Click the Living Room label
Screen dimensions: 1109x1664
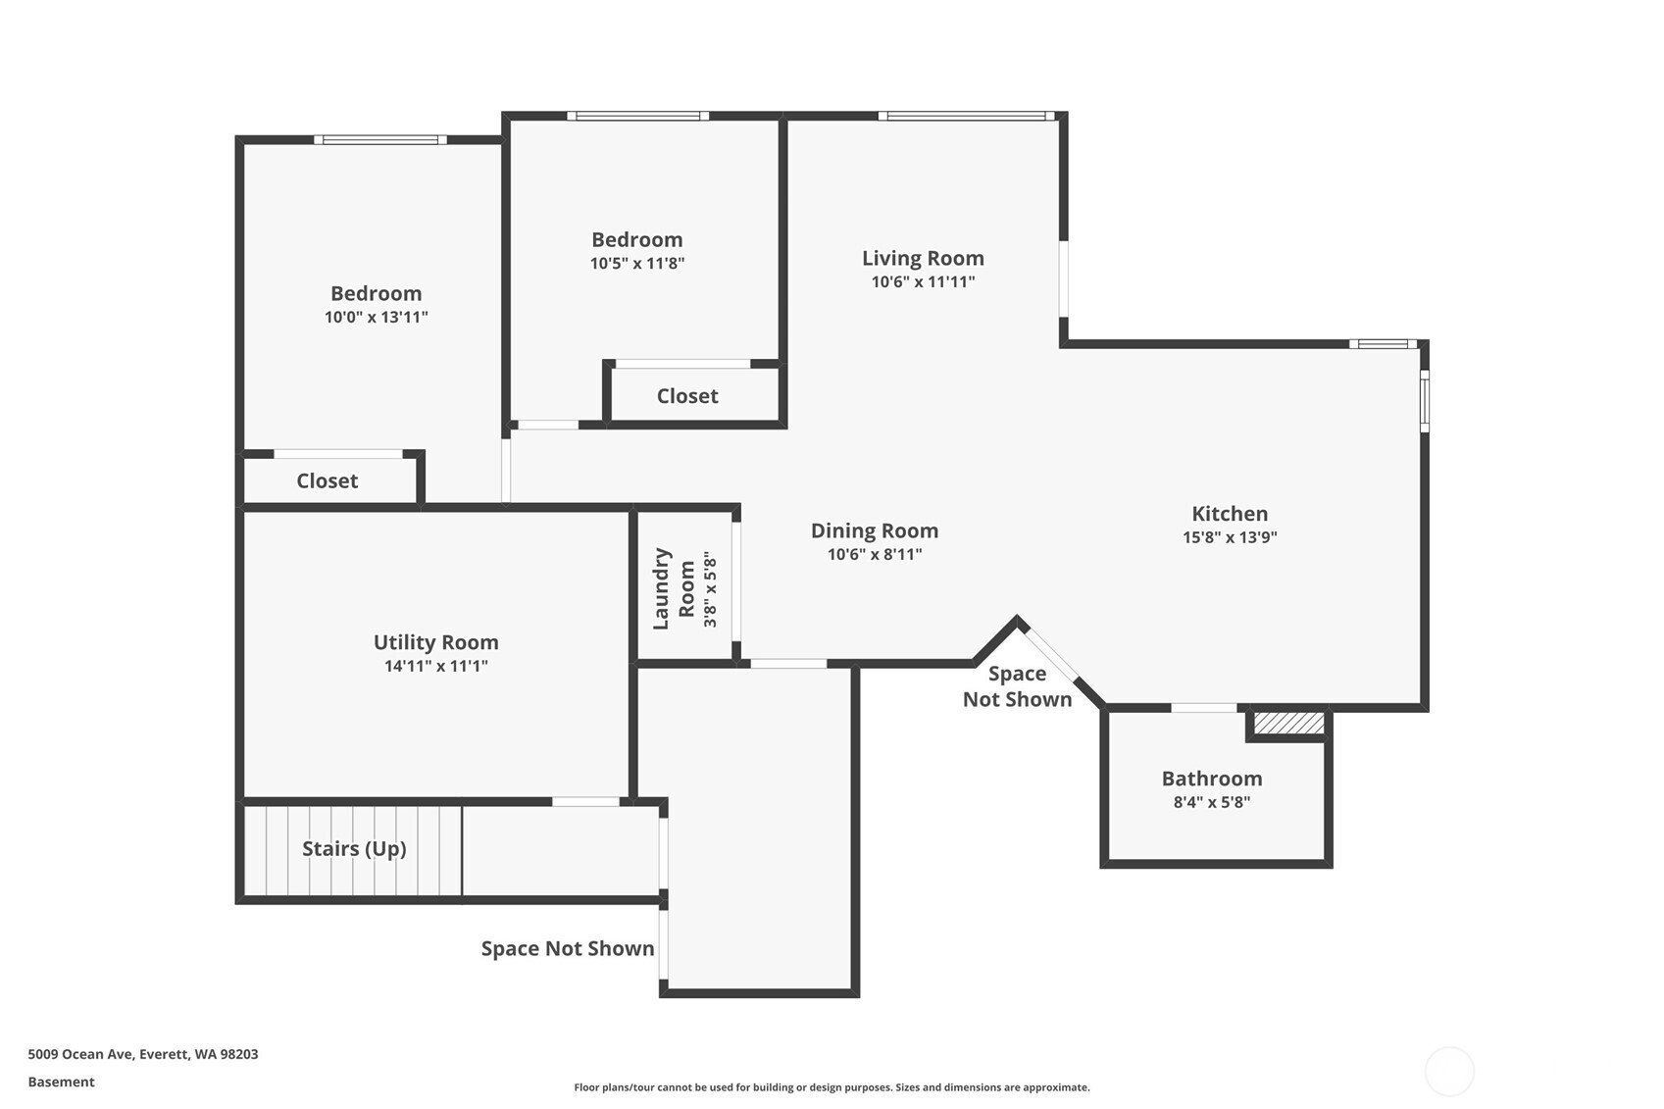[x=923, y=258]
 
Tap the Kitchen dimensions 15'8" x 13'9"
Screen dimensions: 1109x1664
[x=1230, y=537]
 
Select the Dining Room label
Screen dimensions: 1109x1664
[x=874, y=530]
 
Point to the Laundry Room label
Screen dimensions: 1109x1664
[x=674, y=588]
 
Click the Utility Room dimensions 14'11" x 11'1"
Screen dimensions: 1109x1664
[x=435, y=666]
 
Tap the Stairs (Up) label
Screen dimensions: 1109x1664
[x=354, y=848]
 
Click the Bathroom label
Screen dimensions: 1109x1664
[x=1211, y=779]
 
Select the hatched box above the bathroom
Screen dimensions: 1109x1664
[x=1288, y=724]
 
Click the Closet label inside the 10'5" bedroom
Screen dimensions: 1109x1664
[x=686, y=396]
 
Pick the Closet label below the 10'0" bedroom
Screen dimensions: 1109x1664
[x=327, y=480]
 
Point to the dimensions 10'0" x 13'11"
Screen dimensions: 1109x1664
[x=376, y=317]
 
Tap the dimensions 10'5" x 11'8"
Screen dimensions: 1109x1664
[x=636, y=263]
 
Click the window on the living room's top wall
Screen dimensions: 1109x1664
[x=966, y=116]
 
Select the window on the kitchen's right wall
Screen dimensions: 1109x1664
[x=1424, y=400]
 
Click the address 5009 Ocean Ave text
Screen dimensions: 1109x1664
[x=142, y=1054]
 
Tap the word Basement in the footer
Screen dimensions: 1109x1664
[x=61, y=1082]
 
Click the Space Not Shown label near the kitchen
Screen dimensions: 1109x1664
[x=1017, y=686]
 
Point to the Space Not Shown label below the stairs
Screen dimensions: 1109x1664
[x=567, y=948]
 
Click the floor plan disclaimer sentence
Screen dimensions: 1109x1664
[x=832, y=1086]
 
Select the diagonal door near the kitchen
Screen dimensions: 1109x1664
[x=1051, y=653]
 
